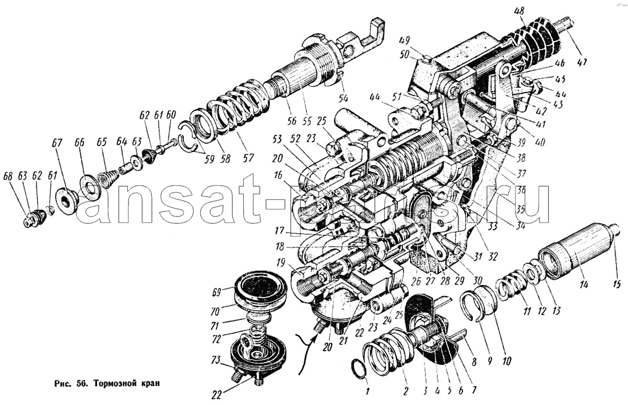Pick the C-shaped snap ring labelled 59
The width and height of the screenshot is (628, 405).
click(189, 139)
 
